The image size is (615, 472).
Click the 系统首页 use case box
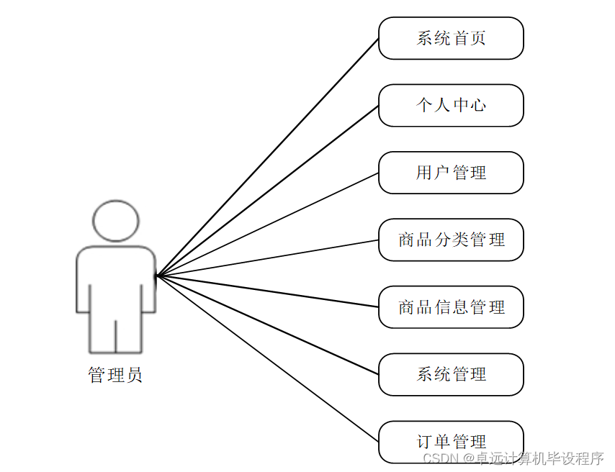[x=451, y=38]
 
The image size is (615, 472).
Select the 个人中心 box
[x=451, y=105]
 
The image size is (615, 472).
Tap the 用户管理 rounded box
[x=451, y=173]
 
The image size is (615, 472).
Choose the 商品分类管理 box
[x=451, y=240]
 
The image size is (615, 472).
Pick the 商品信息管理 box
[x=451, y=307]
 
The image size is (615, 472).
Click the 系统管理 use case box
[x=451, y=374]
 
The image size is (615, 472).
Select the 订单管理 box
[x=451, y=441]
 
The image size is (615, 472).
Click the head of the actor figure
[x=115, y=220]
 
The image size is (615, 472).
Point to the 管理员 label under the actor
[x=115, y=375]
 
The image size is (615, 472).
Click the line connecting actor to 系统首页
[x=268, y=156]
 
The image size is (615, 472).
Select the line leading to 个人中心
[x=268, y=190]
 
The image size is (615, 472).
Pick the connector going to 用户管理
[x=268, y=224]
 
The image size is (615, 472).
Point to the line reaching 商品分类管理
[x=268, y=258]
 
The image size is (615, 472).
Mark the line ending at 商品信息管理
[x=268, y=291]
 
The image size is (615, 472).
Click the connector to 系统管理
[x=268, y=325]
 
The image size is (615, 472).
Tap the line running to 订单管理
[x=268, y=359]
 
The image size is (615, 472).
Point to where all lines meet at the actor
[x=157, y=276]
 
